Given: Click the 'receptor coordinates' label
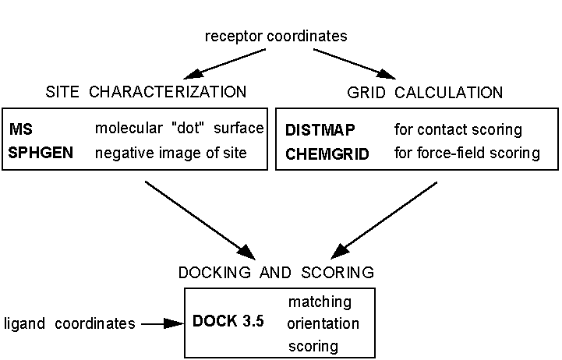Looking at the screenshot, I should [276, 36].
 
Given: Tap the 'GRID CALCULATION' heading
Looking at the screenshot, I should [424, 93].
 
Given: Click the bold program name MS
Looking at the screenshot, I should [19, 129].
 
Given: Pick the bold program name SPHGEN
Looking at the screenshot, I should [41, 153].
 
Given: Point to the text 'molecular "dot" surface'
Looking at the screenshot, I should [179, 129].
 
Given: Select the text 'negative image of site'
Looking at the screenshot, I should [171, 153].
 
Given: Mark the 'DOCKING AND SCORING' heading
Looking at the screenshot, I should [277, 273].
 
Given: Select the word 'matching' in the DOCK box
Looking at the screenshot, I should [320, 302].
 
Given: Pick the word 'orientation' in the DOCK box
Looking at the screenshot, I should [323, 323].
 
